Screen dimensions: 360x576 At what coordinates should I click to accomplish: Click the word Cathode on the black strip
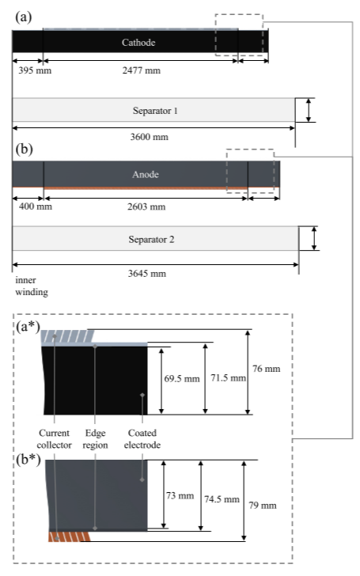coord(138,42)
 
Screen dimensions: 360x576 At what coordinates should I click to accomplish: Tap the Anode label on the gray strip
coord(146,174)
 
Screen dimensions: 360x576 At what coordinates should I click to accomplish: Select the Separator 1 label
coord(155,111)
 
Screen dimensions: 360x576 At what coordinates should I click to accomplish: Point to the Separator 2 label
coord(151,240)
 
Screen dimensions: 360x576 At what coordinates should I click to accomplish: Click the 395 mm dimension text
coord(35,70)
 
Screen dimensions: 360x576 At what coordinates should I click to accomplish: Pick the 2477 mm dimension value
coord(142,70)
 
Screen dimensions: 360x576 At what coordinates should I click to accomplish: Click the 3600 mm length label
coord(149,137)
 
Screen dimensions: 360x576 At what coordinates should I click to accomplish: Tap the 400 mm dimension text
coord(36,206)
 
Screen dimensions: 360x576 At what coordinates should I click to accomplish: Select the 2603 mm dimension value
coord(146,207)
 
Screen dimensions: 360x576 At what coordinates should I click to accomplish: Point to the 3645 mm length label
coord(147,273)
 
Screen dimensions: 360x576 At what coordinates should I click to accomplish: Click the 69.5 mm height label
coord(182,378)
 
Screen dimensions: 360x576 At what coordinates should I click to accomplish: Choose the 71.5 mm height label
coord(228,377)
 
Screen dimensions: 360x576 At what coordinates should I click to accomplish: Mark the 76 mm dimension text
coord(267,369)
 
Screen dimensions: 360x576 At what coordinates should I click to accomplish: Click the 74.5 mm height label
coord(222,499)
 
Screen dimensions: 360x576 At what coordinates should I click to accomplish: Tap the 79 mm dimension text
coord(263,506)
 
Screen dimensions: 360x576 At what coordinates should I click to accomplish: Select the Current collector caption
coord(54,438)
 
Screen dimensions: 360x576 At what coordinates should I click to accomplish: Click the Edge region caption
coord(95,438)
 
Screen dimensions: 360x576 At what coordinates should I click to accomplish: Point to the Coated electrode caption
coord(142,438)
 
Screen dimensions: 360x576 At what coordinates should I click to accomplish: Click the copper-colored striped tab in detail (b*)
coord(69,536)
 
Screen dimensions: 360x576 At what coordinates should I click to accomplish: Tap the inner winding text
coord(32,286)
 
